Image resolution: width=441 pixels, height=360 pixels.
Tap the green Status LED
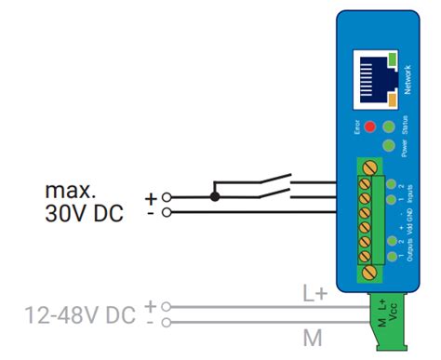[x=390, y=126]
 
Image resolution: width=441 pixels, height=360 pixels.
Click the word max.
[x=70, y=192]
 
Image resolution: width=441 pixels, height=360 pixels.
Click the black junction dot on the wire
[x=216, y=196]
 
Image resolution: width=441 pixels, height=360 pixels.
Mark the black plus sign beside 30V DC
[x=151, y=197]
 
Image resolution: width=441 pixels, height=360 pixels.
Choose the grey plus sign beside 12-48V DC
[x=152, y=305]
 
